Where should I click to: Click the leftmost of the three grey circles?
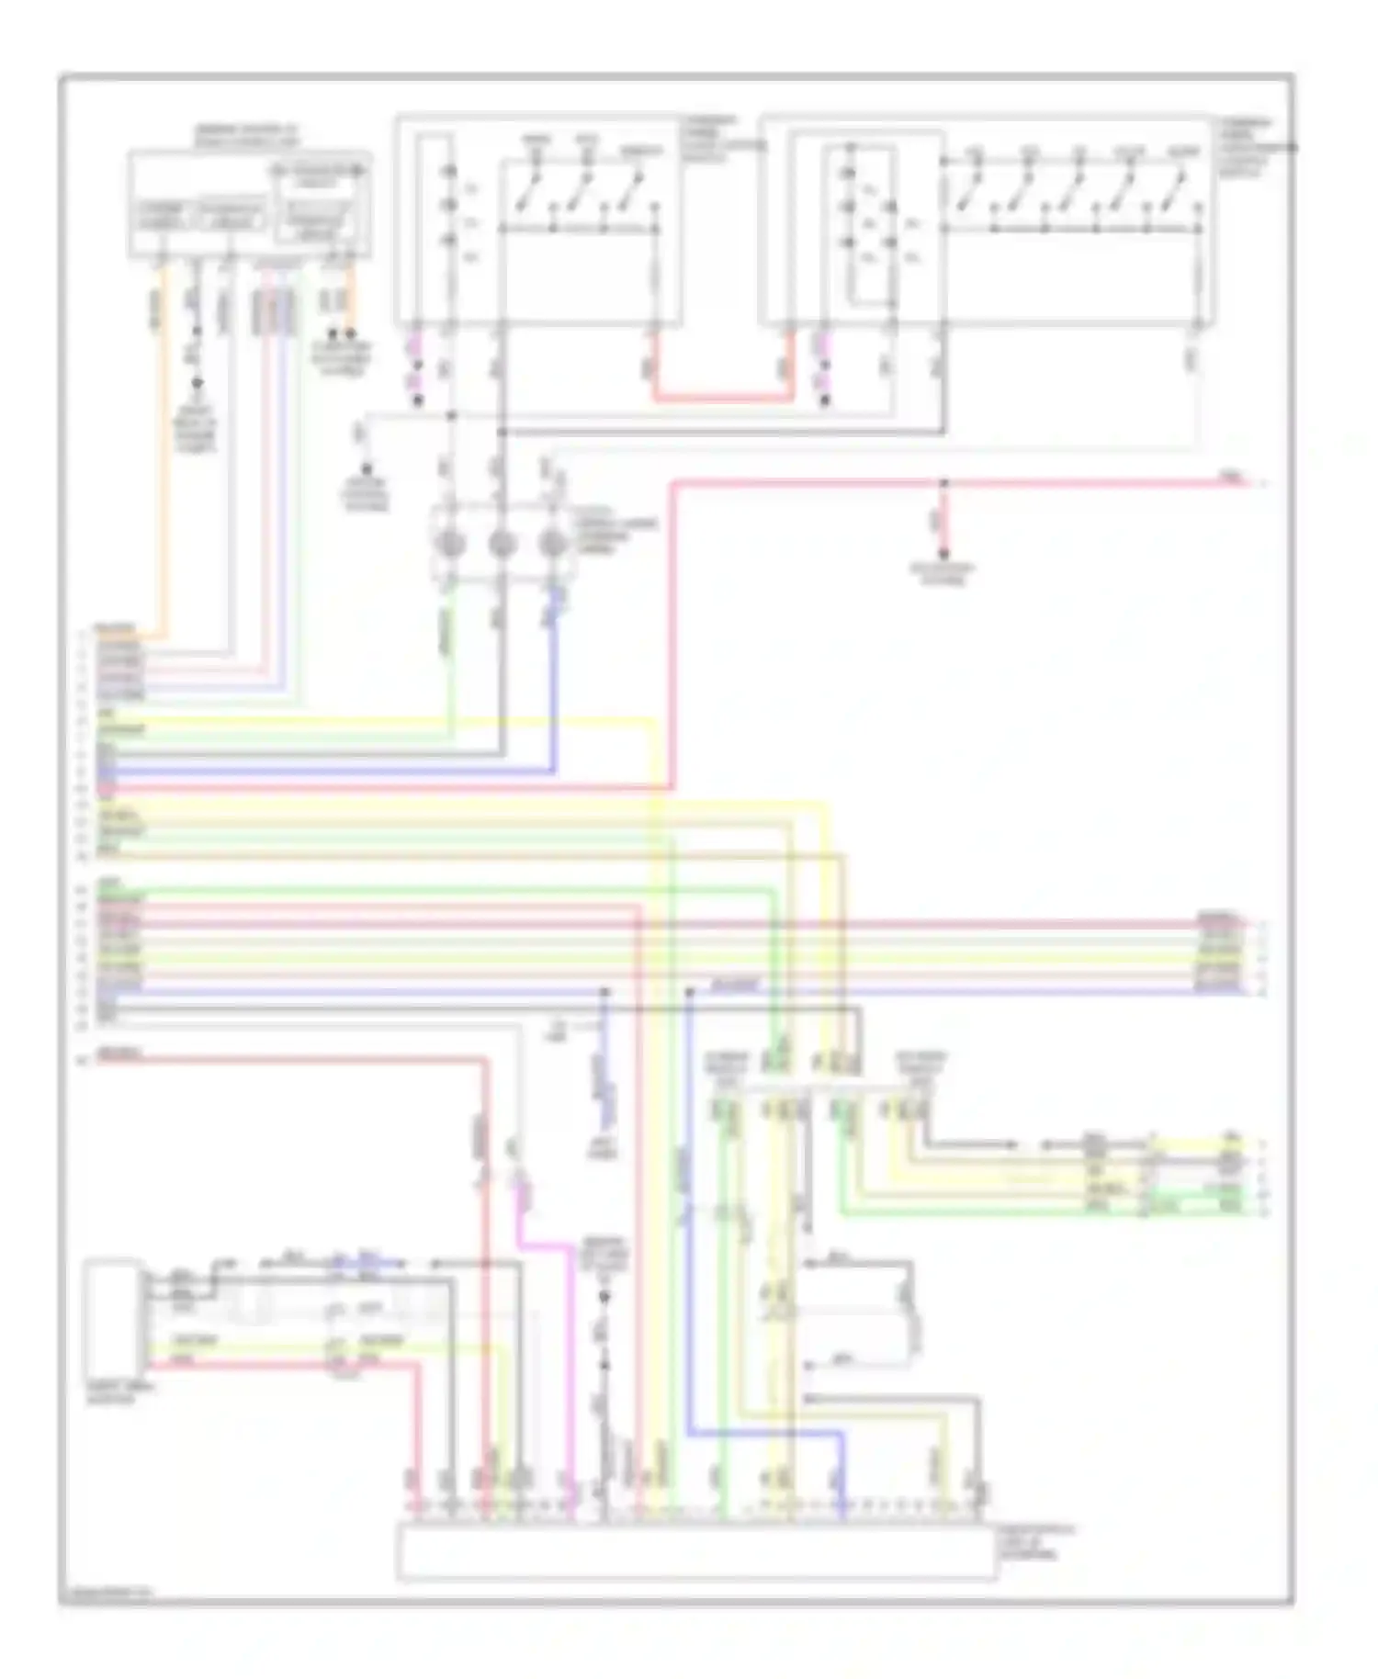[x=450, y=544]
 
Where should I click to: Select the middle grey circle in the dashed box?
[x=501, y=544]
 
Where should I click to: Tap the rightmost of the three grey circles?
[x=551, y=544]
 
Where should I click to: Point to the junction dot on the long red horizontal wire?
[x=943, y=481]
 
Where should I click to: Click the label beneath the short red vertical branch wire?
[x=943, y=573]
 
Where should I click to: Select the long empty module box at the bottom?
[x=696, y=1553]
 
